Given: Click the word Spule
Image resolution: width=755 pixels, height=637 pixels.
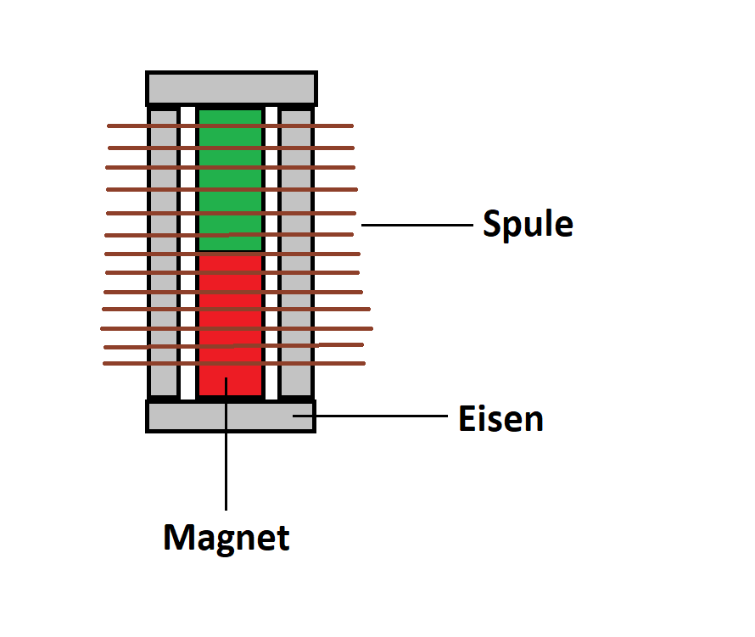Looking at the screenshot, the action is pos(528,224).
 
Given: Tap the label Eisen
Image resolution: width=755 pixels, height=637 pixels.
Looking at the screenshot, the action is pos(501,418).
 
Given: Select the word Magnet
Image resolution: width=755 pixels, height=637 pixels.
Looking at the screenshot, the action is pos(226,539).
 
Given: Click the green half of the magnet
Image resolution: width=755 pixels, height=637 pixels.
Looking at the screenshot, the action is pos(231,181).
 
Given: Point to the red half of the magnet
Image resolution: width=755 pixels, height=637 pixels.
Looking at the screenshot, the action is pos(231,326).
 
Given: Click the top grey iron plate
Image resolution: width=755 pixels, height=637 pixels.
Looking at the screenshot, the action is pos(232,88).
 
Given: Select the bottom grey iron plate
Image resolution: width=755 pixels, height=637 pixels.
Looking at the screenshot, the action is pos(231,416).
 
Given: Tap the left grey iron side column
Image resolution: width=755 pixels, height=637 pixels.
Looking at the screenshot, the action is pos(164,254).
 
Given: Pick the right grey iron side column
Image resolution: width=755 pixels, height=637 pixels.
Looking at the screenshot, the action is pos(297,254).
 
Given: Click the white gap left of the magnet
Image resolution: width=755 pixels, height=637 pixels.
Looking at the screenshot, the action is pos(187,254).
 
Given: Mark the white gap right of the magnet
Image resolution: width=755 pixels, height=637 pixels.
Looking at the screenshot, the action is pos(271,254).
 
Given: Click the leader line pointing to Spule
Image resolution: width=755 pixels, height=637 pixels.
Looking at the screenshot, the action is pos(417,225).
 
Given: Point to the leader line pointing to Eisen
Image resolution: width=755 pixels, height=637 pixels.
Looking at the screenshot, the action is pos(370,416).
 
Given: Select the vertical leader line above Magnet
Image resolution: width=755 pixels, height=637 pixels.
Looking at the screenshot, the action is pos(226,444).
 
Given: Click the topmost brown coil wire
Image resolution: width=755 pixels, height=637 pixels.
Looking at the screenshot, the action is pos(230,126).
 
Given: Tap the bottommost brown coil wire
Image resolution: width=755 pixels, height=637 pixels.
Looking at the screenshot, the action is pos(234,364).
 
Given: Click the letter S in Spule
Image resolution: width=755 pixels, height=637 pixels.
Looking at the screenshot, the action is pos(492,223).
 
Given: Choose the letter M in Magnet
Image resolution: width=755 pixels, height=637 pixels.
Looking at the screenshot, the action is pos(176,537).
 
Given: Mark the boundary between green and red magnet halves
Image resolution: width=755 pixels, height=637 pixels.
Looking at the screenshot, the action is pos(231,252).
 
